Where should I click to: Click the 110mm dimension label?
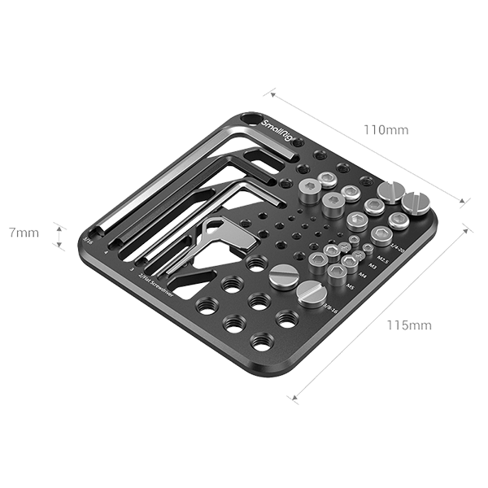(386, 130)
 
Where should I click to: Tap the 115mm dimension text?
(408, 325)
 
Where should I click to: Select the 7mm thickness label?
(24, 233)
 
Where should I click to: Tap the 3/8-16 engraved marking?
(329, 305)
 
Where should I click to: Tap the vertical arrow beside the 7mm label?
(58, 234)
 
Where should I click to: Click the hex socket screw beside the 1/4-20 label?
(398, 221)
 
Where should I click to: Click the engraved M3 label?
(373, 265)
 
